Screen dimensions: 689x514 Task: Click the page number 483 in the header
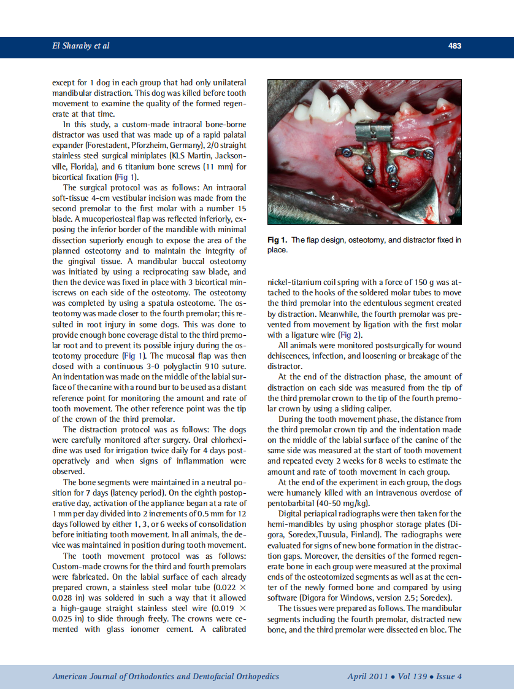(x=455, y=46)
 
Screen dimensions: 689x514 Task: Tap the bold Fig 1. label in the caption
(x=277, y=239)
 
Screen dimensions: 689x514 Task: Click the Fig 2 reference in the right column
(x=351, y=335)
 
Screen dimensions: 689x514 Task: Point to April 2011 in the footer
(x=367, y=676)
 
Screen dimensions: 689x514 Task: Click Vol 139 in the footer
(x=413, y=676)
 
